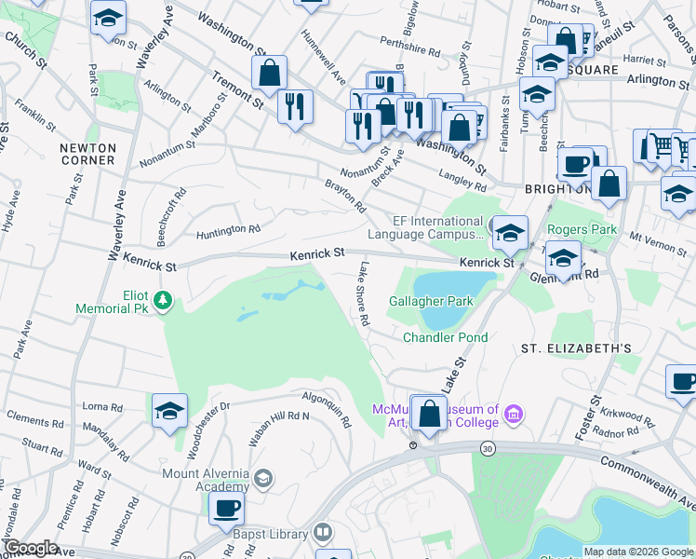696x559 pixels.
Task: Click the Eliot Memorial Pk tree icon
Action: [x=163, y=299]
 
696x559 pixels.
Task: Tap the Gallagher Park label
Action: [x=431, y=301]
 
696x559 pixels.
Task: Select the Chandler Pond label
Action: [x=446, y=337]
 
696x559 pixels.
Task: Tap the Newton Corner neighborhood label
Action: [x=87, y=154]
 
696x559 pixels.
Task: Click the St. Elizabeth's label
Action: [x=576, y=348]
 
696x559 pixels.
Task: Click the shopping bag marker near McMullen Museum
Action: [x=429, y=414]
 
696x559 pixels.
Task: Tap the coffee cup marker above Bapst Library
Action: [x=226, y=509]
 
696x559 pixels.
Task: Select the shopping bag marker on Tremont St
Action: [x=269, y=74]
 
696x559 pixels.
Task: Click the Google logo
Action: [x=30, y=548]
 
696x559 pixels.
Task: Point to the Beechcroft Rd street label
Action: [x=172, y=207]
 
